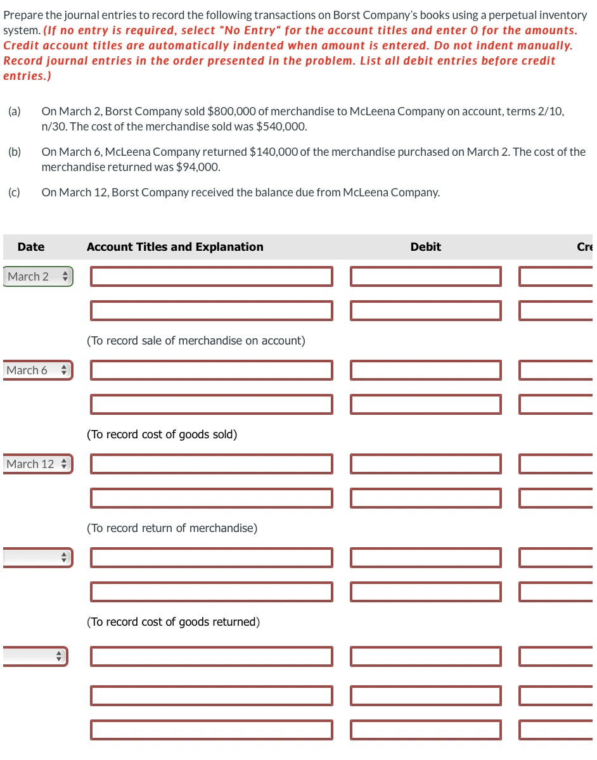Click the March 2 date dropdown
click(x=37, y=277)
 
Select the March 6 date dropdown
click(x=37, y=370)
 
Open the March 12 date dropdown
click(x=37, y=464)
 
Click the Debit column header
click(x=425, y=247)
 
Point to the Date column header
click(x=31, y=247)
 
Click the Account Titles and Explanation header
click(x=175, y=247)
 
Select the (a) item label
click(x=14, y=111)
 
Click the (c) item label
click(x=14, y=193)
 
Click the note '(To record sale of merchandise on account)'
click(x=196, y=341)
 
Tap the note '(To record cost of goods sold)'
click(x=162, y=434)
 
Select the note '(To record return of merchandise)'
click(x=172, y=528)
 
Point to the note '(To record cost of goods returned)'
click(x=173, y=622)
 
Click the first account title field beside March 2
click(x=211, y=277)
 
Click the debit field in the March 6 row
click(x=425, y=370)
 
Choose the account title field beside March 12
click(x=211, y=464)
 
